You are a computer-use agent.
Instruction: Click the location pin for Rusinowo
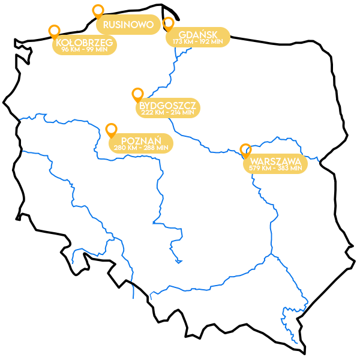98,11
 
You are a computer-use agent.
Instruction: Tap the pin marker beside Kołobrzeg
54,31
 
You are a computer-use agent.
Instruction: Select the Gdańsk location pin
168,23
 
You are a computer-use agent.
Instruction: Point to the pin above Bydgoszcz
137,94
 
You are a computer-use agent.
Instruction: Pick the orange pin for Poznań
111,130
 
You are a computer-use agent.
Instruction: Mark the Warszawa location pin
245,150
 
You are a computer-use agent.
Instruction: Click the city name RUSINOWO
128,25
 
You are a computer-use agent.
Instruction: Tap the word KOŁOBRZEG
84,43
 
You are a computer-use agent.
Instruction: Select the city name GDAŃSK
198,35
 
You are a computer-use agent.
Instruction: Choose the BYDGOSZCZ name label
168,105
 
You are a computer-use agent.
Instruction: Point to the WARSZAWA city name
275,161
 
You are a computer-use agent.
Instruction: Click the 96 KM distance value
71,49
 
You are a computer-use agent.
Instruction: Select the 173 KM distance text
184,42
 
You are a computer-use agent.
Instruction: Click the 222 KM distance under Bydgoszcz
154,112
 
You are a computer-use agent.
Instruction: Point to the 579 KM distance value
261,169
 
